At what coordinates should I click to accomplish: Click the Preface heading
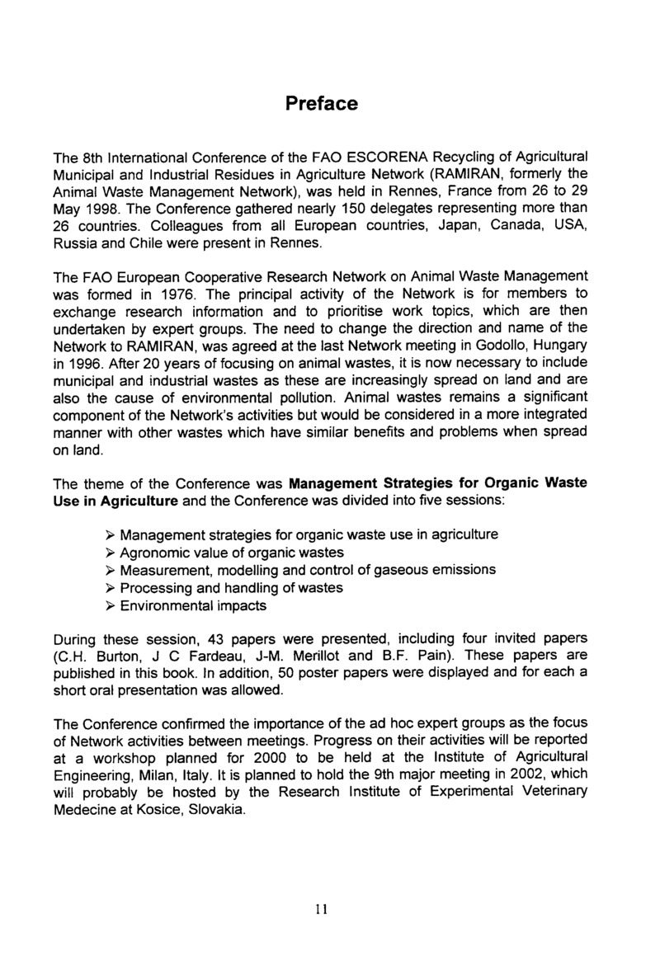tap(322, 105)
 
